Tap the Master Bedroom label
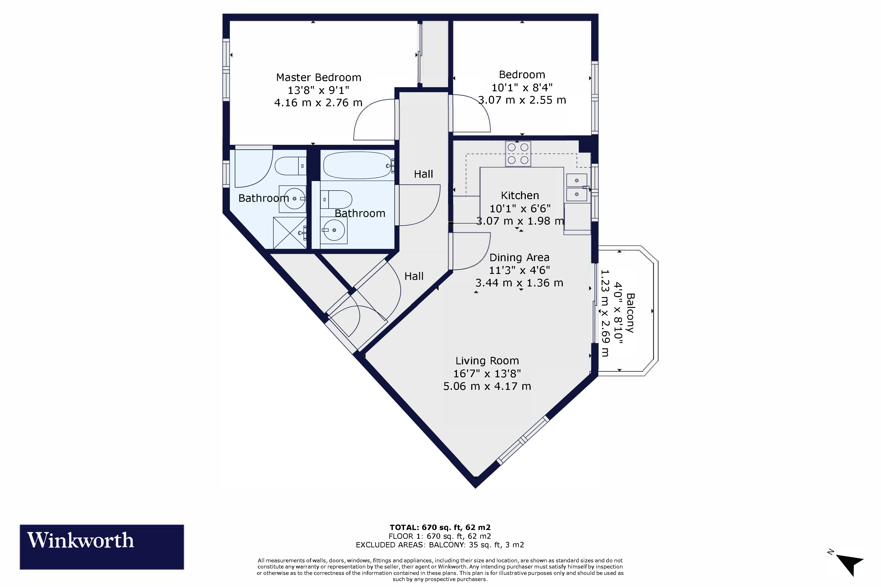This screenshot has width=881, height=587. [x=318, y=77]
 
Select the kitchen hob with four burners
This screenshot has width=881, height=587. [x=518, y=154]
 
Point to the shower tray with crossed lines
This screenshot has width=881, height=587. [x=290, y=233]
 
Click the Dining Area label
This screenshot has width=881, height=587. [x=519, y=258]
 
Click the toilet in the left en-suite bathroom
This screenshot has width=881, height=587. [x=290, y=166]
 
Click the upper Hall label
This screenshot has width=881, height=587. [x=423, y=174]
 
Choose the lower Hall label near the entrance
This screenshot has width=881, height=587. [x=414, y=276]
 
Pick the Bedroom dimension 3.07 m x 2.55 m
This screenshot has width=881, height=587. [x=522, y=100]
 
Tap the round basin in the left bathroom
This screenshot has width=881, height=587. [x=294, y=198]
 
